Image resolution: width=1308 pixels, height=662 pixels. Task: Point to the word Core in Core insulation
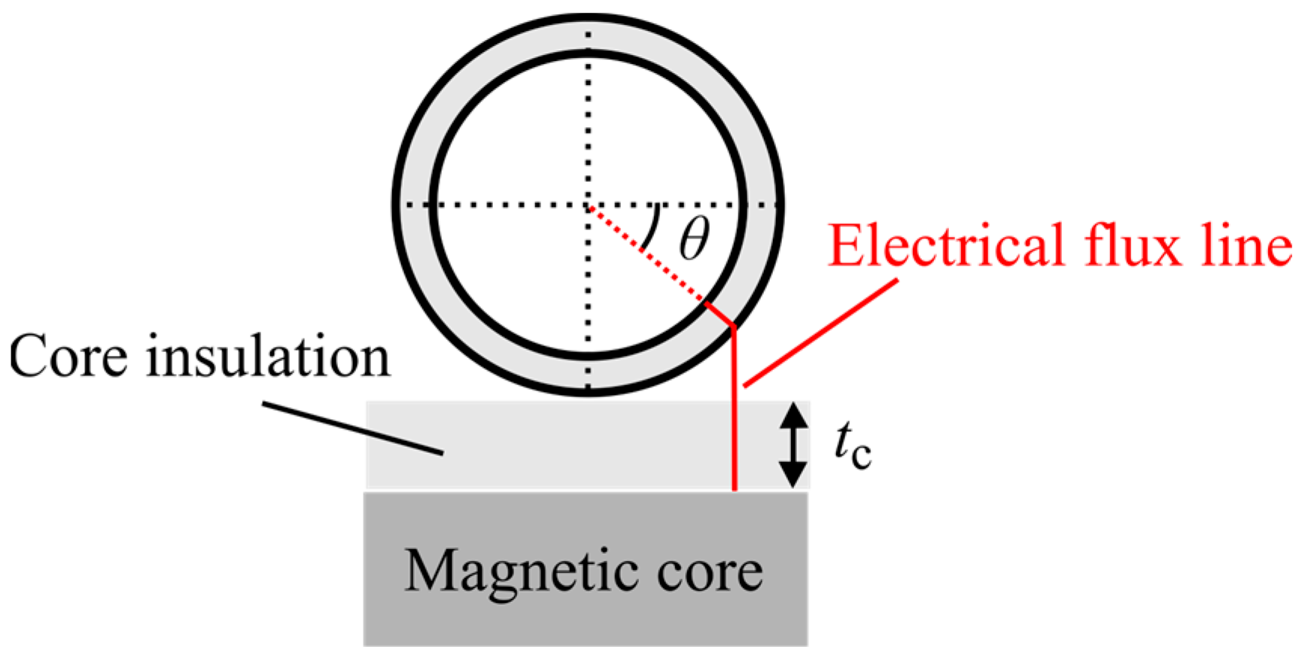[68, 357]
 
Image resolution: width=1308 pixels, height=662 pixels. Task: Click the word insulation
[268, 357]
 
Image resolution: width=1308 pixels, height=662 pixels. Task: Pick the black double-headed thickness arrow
[792, 445]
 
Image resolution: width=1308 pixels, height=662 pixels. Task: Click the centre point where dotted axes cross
[588, 205]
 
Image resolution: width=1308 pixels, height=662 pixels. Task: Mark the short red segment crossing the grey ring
[719, 314]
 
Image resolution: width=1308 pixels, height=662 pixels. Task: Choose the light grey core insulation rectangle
[542, 445]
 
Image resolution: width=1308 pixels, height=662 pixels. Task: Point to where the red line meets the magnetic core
[735, 491]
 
